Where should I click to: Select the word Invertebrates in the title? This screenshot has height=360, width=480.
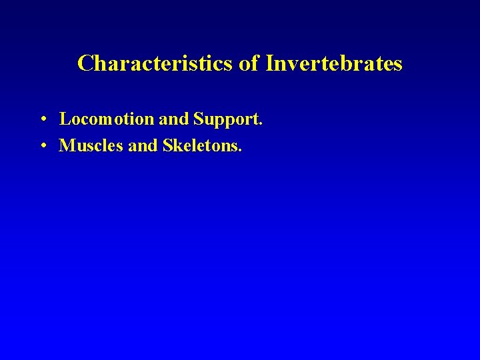334,63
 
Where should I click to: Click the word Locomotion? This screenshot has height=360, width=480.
107,119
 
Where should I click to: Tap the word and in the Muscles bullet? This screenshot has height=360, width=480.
142,145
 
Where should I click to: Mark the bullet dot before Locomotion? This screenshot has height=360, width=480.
42,120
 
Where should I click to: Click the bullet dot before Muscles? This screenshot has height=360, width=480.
42,145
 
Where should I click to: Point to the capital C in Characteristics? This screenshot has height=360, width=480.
85,63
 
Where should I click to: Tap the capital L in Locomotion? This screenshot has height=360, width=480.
65,119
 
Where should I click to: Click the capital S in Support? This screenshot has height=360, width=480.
199,119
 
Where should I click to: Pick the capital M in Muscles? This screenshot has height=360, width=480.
67,145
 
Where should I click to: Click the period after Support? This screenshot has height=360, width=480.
261,125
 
